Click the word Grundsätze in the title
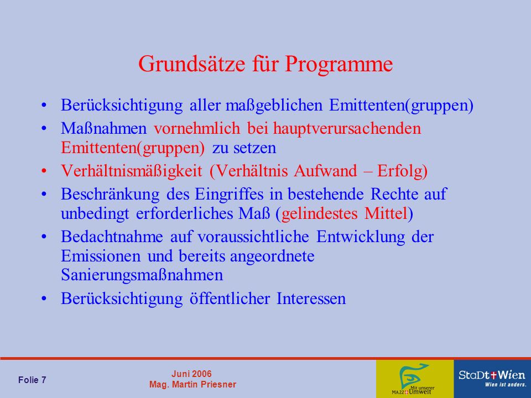coord(191,64)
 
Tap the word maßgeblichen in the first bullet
coord(274,106)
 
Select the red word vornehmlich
coord(197,128)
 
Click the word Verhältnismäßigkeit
coord(132,171)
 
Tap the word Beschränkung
coord(110,195)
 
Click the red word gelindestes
coord(319,214)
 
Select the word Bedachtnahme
coord(112,237)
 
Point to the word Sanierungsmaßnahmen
coord(142,275)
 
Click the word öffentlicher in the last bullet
coord(230,298)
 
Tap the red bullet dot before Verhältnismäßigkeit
coord(44,171)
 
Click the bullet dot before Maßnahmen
coord(44,129)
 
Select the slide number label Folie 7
coord(32,380)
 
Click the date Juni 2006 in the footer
coord(191,374)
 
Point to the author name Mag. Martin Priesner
coord(192,385)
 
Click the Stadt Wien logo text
coord(492,375)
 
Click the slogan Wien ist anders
coord(506,385)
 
